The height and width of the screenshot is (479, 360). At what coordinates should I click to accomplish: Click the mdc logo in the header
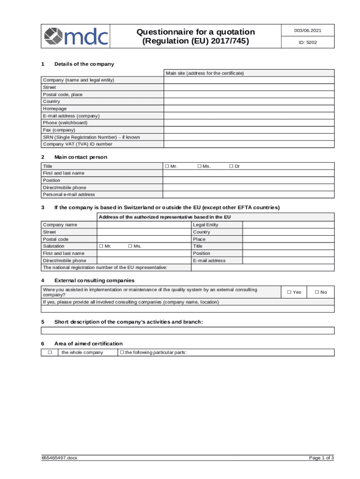pos(76,36)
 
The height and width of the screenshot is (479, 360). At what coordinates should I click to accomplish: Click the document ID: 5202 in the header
pos(308,43)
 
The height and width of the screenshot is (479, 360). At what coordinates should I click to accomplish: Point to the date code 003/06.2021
pos(308,30)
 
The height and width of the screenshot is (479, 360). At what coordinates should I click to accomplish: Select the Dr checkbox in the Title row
pos(231,166)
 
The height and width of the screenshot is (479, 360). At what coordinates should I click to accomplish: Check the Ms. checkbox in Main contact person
pos(199,166)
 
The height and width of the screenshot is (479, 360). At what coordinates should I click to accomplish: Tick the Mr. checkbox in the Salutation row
pos(101,246)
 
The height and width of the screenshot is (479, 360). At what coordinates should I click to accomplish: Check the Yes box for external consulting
pos(289,292)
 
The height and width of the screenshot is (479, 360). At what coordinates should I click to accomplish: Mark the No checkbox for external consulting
pos(317,292)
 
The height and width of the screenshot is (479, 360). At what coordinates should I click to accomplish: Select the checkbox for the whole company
pos(49,352)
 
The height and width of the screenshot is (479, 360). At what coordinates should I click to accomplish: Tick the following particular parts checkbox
pos(122,352)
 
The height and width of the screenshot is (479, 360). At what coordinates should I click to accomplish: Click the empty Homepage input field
pos(249,109)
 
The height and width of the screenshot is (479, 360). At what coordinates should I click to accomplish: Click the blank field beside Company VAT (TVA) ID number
pos(249,144)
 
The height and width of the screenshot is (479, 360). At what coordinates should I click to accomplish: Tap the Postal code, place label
pos(63,94)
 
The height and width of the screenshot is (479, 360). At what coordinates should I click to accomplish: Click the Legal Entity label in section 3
pos(205,225)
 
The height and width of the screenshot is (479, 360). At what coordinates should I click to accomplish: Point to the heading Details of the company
pos(84,64)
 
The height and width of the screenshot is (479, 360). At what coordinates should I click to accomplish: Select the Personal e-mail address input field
pos(249,195)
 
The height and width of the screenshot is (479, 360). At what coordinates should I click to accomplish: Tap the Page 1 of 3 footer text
pos(321,471)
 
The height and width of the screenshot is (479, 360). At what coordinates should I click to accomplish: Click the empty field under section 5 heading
pos(188,331)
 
